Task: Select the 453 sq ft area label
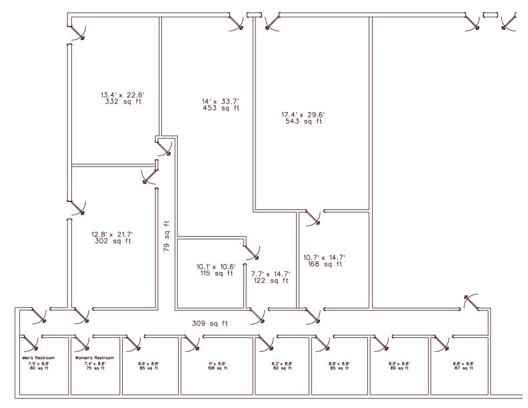click(x=220, y=108)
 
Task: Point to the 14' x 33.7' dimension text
click(x=220, y=101)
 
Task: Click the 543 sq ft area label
click(x=303, y=121)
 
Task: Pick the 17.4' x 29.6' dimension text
click(x=303, y=115)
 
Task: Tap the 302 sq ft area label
click(x=113, y=241)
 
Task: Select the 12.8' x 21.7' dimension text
click(x=113, y=234)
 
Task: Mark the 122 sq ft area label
click(x=270, y=281)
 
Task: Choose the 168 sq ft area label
click(x=323, y=265)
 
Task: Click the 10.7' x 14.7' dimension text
click(x=323, y=257)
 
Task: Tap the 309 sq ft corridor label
click(x=209, y=323)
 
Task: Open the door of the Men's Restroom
click(x=31, y=343)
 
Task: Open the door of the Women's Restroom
click(x=82, y=343)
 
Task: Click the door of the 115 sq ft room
click(x=252, y=251)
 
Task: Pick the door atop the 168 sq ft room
click(x=312, y=217)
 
